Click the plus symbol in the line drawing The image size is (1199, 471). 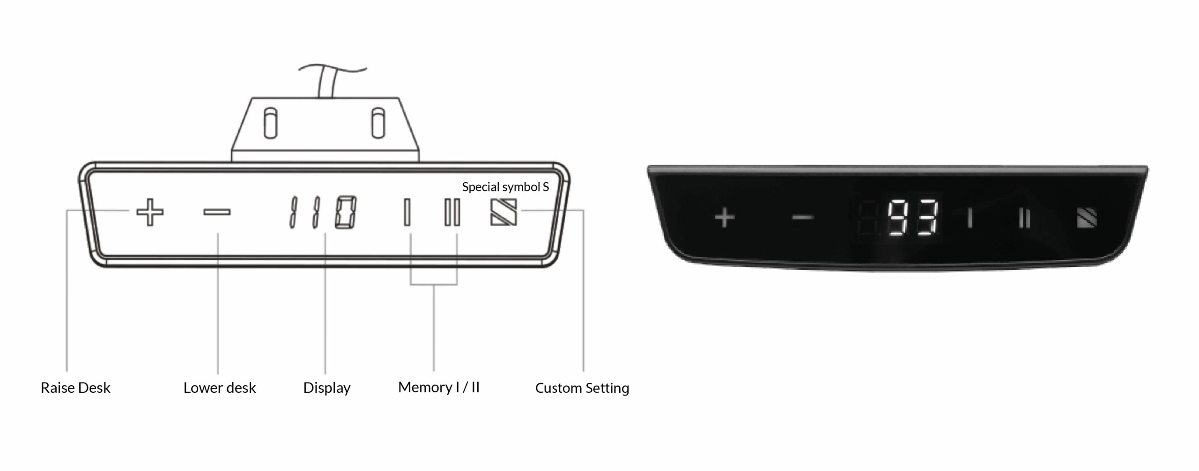(x=150, y=213)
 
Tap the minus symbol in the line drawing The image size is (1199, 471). (x=217, y=213)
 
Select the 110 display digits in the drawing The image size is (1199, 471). (x=323, y=212)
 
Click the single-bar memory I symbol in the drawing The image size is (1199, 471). (x=407, y=212)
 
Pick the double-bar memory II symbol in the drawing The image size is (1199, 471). (x=452, y=212)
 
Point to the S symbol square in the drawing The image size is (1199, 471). (x=503, y=212)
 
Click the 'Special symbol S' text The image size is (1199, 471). (x=505, y=187)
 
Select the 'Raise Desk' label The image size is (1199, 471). (x=75, y=388)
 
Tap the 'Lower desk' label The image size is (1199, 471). (x=220, y=388)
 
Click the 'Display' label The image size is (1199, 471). (x=327, y=388)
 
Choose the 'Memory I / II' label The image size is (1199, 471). (x=439, y=387)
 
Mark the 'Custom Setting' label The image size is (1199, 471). (x=582, y=388)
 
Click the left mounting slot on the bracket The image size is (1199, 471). (x=270, y=123)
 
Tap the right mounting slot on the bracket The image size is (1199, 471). (x=378, y=123)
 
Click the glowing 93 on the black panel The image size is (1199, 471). (x=913, y=217)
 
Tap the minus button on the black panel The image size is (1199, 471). (x=802, y=218)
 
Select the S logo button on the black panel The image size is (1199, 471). (x=1087, y=218)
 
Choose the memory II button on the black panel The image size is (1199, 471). (x=1024, y=218)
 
